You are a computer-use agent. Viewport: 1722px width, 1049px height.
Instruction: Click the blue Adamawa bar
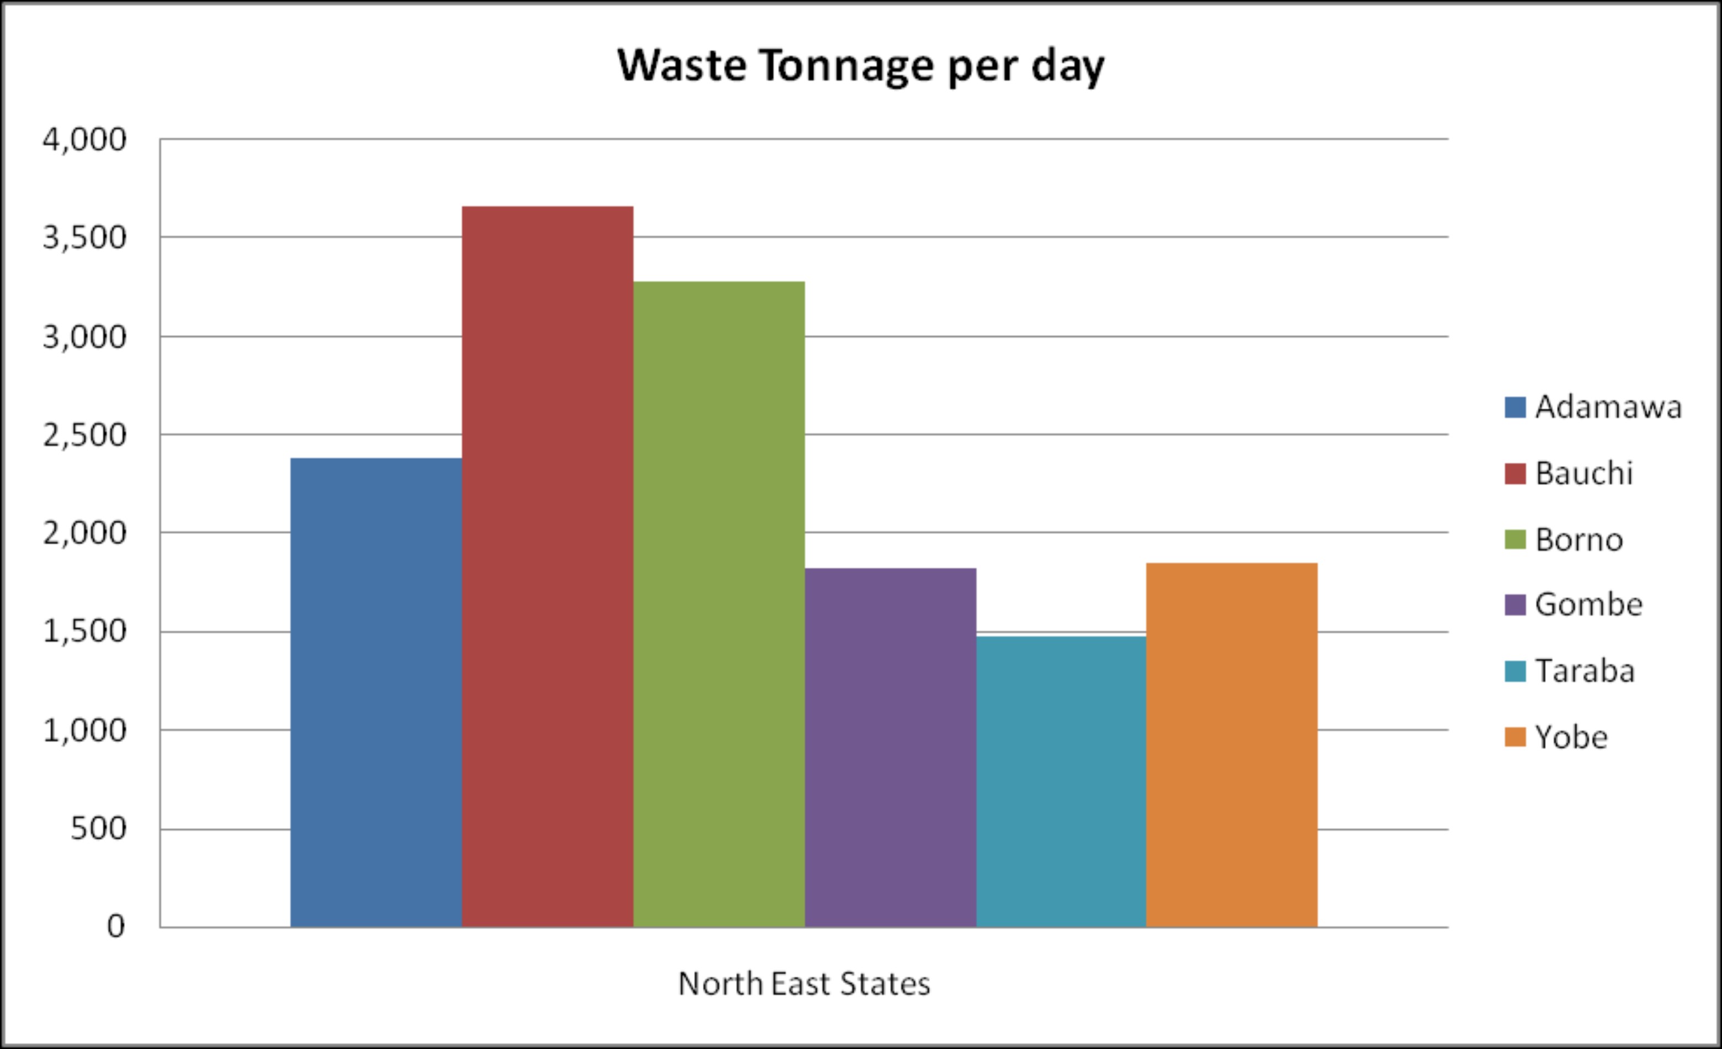376,692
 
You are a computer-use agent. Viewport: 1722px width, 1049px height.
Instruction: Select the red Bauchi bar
547,566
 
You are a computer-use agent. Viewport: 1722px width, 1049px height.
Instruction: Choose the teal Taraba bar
1061,781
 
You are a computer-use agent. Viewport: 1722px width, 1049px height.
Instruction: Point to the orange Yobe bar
1231,744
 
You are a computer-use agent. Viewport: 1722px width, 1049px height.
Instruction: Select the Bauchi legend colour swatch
1514,474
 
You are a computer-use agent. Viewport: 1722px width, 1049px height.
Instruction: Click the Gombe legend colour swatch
1514,605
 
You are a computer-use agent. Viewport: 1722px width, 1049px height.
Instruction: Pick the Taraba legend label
1585,671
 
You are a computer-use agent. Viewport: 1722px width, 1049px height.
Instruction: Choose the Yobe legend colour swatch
1514,737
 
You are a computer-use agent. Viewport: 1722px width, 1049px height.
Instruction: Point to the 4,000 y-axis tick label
84,140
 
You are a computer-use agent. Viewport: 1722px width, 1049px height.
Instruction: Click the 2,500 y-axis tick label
84,436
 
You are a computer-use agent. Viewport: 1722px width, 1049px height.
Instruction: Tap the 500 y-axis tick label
98,829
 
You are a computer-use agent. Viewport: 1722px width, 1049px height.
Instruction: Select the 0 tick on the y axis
116,926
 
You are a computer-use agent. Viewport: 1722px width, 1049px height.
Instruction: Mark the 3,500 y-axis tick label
84,237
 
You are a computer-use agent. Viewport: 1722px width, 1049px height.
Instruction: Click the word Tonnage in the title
846,66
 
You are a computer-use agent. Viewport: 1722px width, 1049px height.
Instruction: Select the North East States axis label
804,984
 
